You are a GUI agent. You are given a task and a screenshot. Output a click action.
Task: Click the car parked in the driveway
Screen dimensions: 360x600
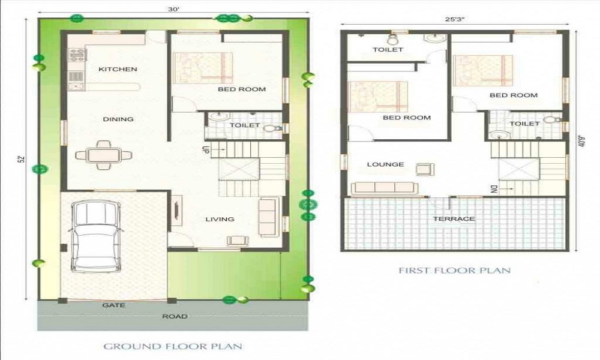[95, 236]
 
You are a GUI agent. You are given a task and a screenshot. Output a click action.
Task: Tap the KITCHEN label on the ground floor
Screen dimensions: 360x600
[118, 69]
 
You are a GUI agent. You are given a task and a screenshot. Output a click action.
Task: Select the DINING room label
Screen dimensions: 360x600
[118, 119]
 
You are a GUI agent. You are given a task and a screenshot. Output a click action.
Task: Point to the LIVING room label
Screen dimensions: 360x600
[220, 219]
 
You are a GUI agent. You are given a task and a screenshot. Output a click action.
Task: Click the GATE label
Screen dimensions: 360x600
[113, 305]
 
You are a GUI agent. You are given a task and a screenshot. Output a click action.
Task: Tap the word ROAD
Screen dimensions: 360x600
[175, 316]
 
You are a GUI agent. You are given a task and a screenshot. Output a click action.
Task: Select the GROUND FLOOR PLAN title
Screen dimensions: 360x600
[173, 346]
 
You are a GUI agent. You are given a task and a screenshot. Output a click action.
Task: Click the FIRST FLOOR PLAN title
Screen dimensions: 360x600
[455, 271]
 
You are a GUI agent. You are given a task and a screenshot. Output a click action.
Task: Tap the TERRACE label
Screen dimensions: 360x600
[454, 219]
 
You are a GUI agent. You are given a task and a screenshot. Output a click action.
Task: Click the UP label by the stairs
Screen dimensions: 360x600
[205, 149]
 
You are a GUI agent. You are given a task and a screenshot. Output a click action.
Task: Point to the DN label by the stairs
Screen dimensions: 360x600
[493, 190]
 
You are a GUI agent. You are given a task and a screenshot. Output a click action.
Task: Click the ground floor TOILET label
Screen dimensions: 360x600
[245, 125]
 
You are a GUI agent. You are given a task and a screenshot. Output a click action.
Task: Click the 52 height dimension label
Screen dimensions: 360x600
[22, 159]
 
